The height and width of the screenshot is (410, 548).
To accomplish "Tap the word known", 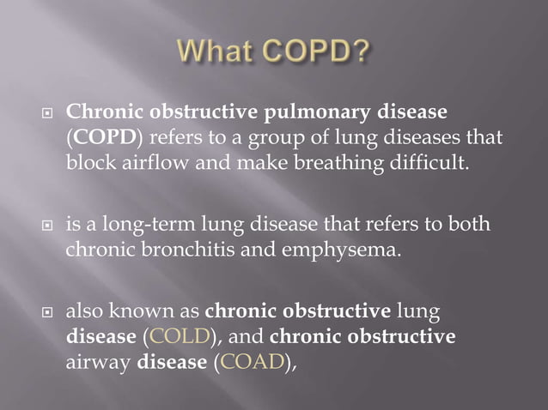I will click(147, 312).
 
